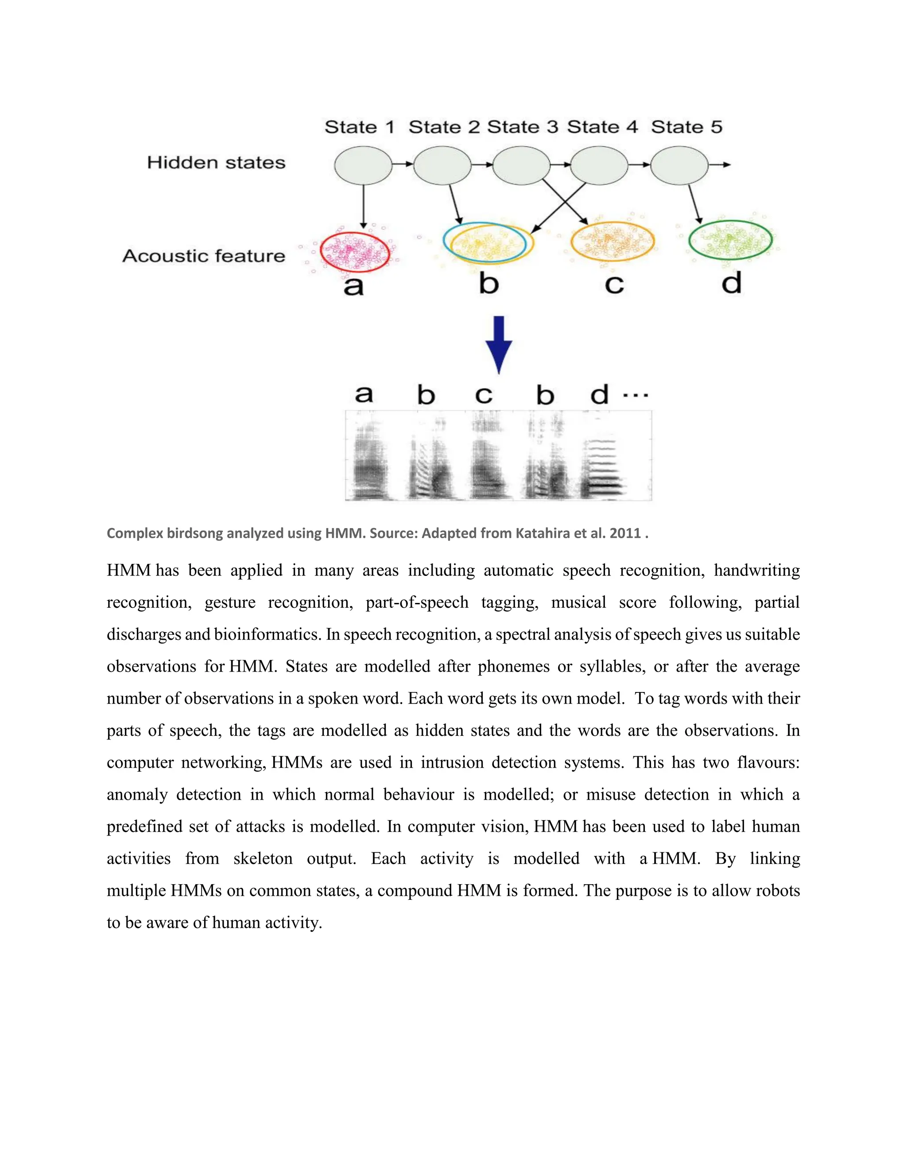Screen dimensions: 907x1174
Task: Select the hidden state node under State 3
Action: coord(521,166)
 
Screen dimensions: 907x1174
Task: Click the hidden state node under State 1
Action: coord(363,166)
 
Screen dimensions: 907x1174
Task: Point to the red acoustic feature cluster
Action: coord(354,252)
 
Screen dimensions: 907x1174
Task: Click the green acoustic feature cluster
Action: coord(730,240)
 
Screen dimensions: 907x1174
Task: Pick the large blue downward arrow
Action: coord(499,344)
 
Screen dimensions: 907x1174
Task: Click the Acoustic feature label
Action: coord(204,256)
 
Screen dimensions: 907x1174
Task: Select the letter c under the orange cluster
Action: coord(614,285)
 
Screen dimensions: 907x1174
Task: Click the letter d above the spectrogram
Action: coord(600,395)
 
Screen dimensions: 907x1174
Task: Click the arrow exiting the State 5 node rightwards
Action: coord(720,165)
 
